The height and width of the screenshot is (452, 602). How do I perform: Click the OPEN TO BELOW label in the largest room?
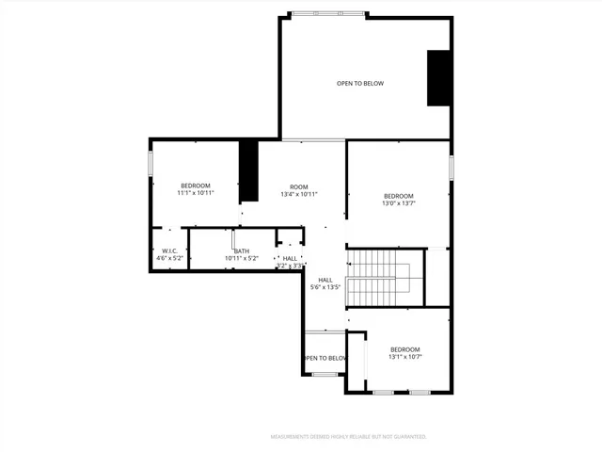click(360, 84)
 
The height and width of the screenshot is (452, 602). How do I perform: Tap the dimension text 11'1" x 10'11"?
click(197, 193)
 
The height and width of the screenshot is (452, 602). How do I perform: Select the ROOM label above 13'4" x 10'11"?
click(299, 186)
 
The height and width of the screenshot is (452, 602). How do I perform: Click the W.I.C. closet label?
click(170, 250)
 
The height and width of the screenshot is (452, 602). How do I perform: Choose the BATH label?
click(242, 250)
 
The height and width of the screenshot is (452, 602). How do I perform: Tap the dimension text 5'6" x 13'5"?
click(325, 288)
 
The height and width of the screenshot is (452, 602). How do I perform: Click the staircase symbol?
click(380, 278)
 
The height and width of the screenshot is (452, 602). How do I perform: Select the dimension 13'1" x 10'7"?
click(404, 357)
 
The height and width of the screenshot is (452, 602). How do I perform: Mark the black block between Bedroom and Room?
click(248, 169)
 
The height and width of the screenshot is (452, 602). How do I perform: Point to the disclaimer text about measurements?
click(348, 437)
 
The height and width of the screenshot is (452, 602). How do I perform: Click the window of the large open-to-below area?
click(328, 14)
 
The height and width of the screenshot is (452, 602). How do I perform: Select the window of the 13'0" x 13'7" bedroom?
click(451, 168)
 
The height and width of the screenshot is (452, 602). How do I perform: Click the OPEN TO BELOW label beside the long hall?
click(325, 358)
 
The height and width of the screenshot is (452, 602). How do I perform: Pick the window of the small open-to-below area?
click(325, 374)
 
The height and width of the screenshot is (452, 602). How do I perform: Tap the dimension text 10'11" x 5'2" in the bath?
click(242, 259)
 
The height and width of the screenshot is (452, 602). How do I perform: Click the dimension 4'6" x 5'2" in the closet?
click(170, 259)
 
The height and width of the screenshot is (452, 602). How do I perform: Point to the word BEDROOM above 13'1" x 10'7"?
click(404, 349)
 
